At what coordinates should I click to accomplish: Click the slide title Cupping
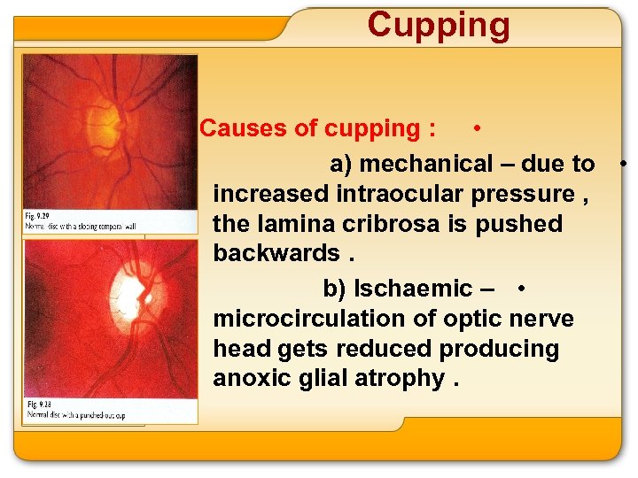pos(439,25)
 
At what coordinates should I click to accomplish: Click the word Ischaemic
pos(413,289)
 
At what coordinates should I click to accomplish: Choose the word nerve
pos(541,319)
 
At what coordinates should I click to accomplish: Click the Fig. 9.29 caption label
pos(36,216)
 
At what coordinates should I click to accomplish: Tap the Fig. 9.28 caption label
pos(36,404)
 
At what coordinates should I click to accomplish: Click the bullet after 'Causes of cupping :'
pos(478,128)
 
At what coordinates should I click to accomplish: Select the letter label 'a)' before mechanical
pos(341,164)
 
